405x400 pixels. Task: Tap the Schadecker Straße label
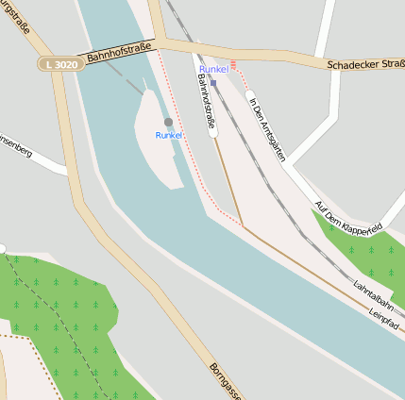coord(366,66)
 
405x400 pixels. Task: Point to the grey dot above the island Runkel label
coord(168,123)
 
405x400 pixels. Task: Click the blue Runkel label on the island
coord(170,136)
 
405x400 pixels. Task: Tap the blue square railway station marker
coord(214,82)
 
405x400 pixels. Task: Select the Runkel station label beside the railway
coord(214,70)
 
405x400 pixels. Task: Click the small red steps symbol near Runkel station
coord(233,64)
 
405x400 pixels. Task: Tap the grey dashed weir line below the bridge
coord(127,80)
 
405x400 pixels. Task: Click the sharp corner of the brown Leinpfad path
coord(243,225)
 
